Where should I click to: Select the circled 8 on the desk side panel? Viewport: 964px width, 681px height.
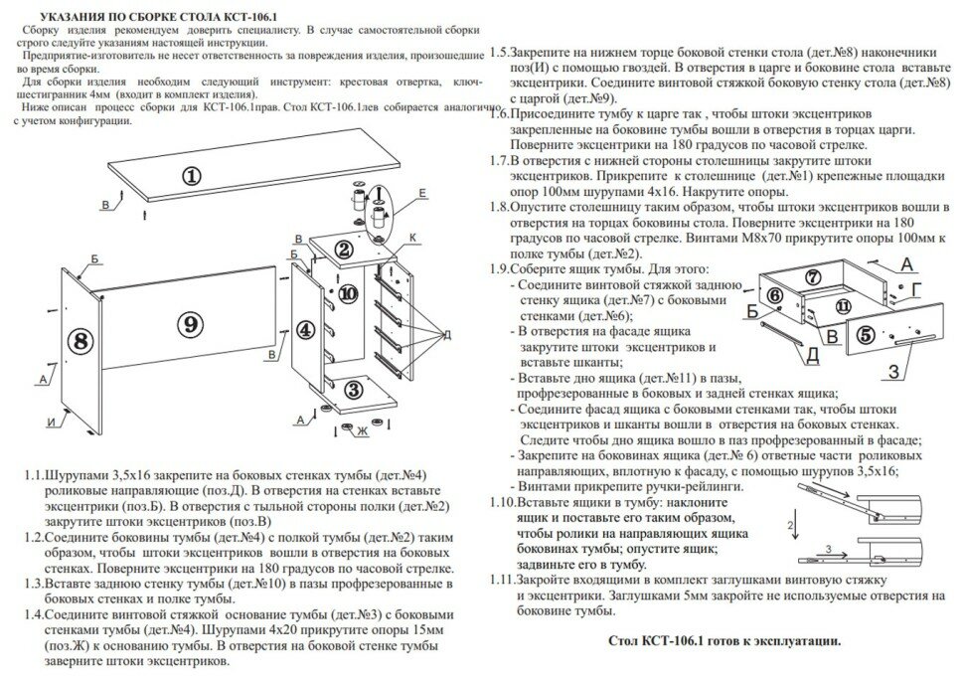click(81, 340)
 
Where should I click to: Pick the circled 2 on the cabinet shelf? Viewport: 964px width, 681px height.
click(343, 250)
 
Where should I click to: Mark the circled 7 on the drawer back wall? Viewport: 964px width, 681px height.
click(813, 277)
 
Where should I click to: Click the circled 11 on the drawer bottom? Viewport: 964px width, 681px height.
click(843, 305)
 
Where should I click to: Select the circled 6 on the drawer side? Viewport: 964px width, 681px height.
click(775, 296)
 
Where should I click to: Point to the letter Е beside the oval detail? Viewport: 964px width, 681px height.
click(422, 192)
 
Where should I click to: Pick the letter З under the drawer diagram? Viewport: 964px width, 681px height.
click(895, 372)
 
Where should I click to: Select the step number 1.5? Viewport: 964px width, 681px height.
click(501, 52)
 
